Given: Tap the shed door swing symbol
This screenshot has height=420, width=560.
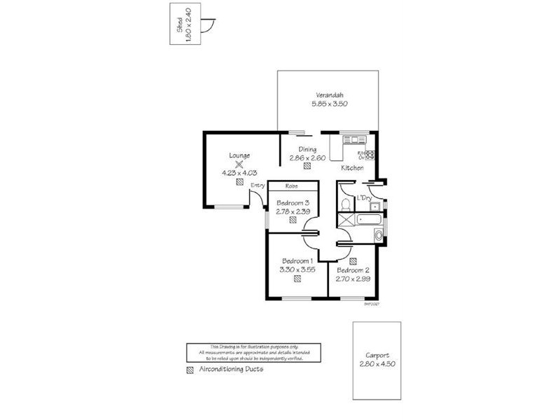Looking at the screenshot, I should click(206, 27).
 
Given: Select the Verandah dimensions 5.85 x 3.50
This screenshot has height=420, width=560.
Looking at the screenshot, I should click(330, 104).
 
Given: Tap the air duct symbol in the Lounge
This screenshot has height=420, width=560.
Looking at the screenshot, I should click(239, 181).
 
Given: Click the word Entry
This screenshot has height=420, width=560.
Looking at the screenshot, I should click(258, 185).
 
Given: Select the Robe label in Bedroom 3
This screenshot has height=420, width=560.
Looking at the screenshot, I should click(293, 187).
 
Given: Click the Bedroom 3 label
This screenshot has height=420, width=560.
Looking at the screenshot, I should click(293, 203).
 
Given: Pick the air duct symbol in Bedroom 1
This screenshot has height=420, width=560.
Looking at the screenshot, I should click(297, 279).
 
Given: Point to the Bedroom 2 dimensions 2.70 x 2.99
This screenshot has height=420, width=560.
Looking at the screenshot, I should click(353, 278).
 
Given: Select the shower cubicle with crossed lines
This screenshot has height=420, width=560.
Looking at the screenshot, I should click(345, 220).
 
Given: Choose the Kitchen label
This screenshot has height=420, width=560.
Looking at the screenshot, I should click(352, 169).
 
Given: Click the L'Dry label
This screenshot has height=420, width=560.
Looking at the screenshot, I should click(363, 198).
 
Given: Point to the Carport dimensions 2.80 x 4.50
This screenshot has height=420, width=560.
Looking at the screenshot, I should click(377, 364).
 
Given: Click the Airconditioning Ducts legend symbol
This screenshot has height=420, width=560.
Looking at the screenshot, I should click(190, 370).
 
